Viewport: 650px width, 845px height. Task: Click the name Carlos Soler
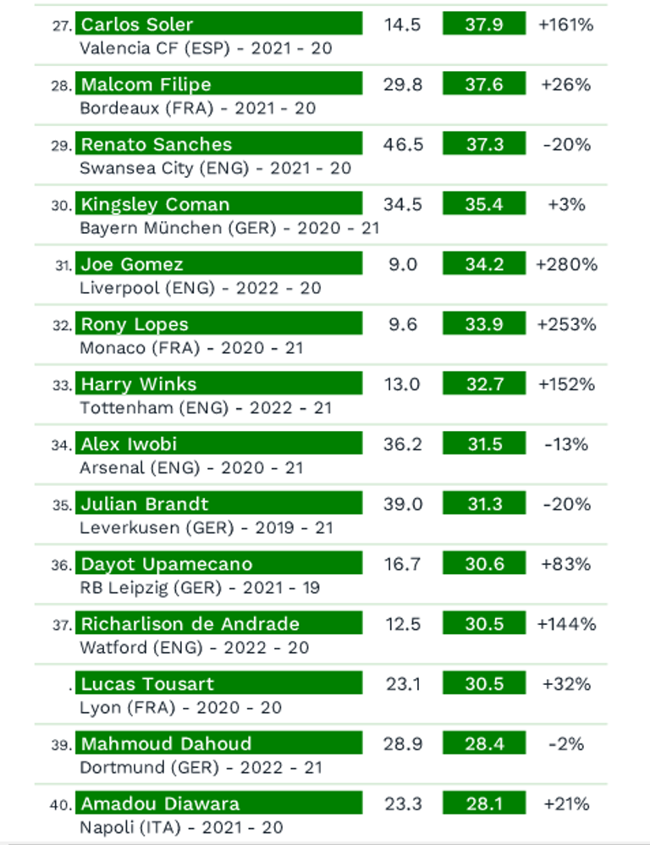[137, 25]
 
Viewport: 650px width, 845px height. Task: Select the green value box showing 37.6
[484, 85]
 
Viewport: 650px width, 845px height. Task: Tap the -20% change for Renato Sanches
[566, 145]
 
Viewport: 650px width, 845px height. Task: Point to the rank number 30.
[62, 205]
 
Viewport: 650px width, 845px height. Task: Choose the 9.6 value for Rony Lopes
[402, 324]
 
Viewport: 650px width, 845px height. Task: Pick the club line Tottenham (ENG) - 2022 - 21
[206, 408]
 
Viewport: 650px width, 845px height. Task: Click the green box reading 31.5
[484, 445]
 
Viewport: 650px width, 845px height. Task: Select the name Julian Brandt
[145, 505]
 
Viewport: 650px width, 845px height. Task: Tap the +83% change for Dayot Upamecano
[566, 564]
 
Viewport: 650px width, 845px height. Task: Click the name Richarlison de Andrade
[190, 624]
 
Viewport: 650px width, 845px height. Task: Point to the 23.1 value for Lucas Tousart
[402, 684]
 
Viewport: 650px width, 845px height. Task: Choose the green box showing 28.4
[484, 744]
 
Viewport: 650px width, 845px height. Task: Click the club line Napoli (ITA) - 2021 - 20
[181, 828]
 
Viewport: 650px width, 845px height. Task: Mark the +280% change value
[566, 265]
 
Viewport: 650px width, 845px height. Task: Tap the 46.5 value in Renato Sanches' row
[402, 145]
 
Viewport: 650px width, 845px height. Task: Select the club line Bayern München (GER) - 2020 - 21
[229, 228]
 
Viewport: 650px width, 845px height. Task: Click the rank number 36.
[62, 565]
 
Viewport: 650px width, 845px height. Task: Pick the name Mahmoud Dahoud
[166, 744]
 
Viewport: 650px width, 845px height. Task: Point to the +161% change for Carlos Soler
[566, 25]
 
